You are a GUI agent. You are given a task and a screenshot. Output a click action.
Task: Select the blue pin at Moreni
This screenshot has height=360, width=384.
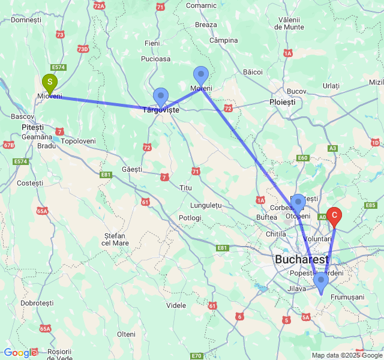pyautogui.click(x=201, y=76)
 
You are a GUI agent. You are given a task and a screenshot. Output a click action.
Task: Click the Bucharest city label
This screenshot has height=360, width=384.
pyautogui.click(x=302, y=260)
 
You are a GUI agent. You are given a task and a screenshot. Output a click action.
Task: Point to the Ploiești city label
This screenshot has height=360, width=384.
pyautogui.click(x=283, y=102)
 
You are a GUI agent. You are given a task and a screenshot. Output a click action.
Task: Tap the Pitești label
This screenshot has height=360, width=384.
pyautogui.click(x=32, y=127)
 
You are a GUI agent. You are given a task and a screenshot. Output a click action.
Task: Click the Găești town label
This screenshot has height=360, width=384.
pyautogui.click(x=132, y=169)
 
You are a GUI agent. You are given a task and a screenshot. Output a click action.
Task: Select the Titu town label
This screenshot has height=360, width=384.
pyautogui.click(x=185, y=188)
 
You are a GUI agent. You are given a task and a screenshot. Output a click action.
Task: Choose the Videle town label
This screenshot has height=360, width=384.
pyautogui.click(x=176, y=305)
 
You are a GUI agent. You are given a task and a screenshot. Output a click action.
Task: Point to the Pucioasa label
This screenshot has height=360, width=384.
pyautogui.click(x=156, y=59)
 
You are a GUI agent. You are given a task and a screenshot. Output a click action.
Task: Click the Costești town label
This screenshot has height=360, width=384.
pyautogui.click(x=31, y=182)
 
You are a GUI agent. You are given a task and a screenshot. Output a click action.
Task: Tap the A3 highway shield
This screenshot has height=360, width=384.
pyautogui.click(x=333, y=148)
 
